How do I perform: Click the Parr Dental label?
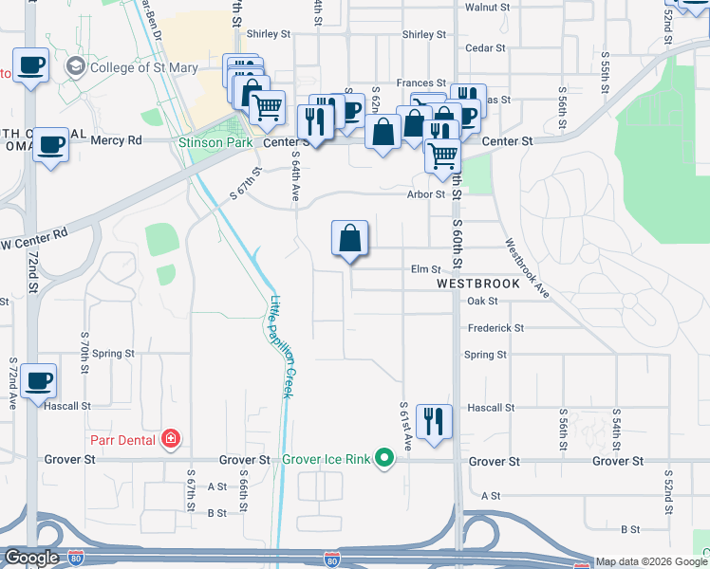tap(123, 439)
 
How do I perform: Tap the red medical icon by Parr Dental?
tap(171, 439)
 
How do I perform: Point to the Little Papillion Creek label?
tap(281, 346)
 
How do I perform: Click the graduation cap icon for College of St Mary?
tap(74, 67)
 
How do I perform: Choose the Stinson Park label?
tap(215, 142)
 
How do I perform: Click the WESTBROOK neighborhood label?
tap(478, 284)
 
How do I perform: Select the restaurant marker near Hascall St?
tap(434, 420)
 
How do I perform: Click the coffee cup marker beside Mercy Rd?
tap(51, 145)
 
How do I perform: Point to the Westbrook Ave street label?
tap(529, 268)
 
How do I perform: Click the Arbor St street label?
tap(426, 194)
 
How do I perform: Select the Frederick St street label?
tap(495, 328)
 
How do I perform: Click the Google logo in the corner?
tap(30, 559)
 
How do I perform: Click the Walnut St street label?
tap(488, 8)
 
